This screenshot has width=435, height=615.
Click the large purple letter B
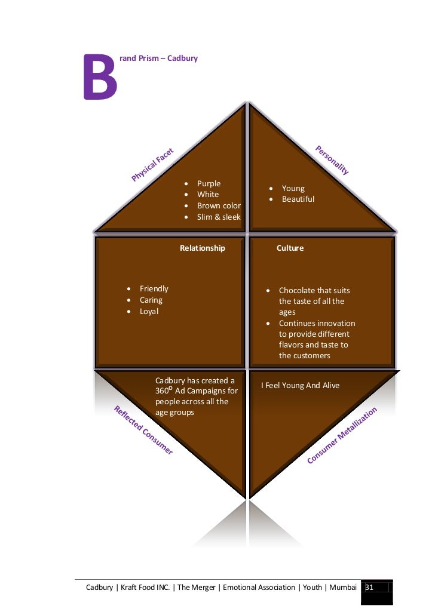(100, 78)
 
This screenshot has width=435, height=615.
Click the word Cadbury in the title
(182, 59)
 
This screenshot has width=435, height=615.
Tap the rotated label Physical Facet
(153, 164)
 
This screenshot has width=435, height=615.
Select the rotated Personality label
(332, 159)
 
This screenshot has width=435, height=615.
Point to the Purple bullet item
(209, 184)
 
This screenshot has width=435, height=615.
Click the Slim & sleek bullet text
(219, 217)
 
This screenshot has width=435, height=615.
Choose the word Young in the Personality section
(293, 189)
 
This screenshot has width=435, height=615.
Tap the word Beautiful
(298, 199)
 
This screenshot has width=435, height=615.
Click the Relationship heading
(203, 248)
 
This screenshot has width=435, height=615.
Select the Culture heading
(290, 248)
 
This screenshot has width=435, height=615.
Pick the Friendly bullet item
(154, 289)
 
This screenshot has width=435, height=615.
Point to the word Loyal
(149, 312)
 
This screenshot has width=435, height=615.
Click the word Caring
(151, 300)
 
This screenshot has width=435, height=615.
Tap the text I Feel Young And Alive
(301, 386)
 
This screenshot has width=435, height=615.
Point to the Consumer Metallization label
(342, 435)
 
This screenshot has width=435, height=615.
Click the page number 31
(369, 588)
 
